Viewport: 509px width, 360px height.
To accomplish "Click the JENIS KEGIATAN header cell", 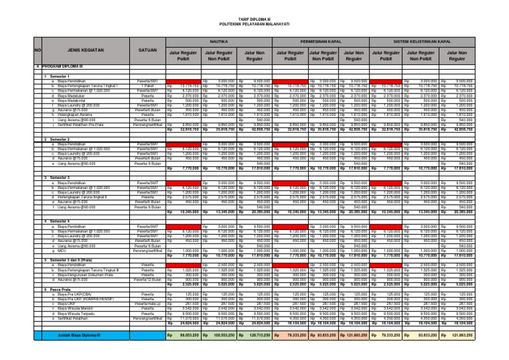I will pos(82,50).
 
